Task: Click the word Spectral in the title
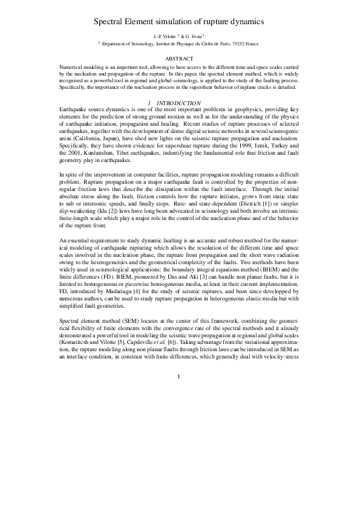click(x=110, y=21)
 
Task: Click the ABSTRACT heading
click(x=180, y=58)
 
